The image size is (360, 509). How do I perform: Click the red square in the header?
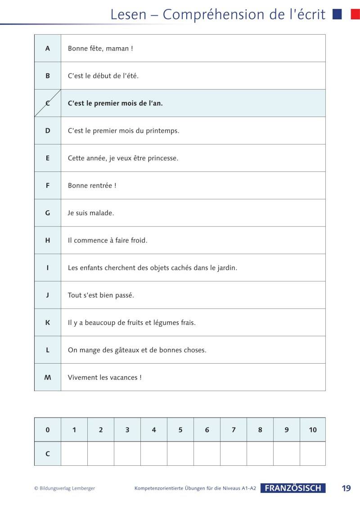tap(355, 14)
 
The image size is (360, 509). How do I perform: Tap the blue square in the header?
tap(337, 14)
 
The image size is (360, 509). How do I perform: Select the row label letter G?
tap(48, 213)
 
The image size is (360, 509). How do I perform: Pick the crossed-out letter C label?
tap(48, 103)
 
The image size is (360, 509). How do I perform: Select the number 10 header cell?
tap(313, 430)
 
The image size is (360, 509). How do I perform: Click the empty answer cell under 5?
tap(180, 454)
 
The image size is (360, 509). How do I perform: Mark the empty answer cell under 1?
tap(74, 454)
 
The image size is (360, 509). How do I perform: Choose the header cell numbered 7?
tap(234, 430)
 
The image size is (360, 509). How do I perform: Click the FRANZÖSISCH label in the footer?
tap(293, 488)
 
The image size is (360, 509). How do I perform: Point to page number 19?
tap(346, 488)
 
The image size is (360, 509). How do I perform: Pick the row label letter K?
tap(48, 323)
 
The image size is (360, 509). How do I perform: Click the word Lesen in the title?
tap(128, 14)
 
